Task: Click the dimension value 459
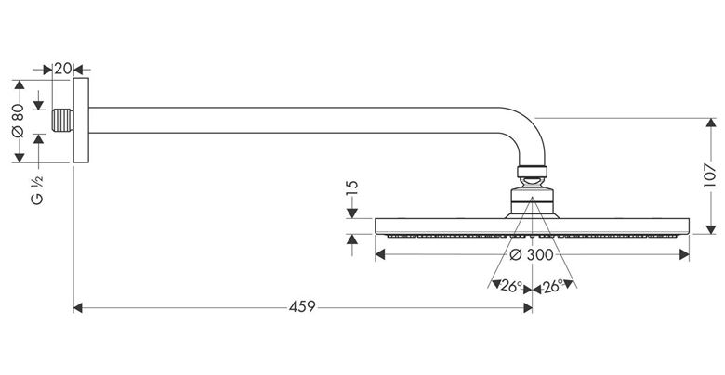(x=302, y=306)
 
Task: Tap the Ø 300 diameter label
(x=532, y=254)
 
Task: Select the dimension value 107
(x=710, y=175)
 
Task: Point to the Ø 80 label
(x=18, y=121)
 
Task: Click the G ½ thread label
(x=37, y=190)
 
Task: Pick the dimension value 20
(x=63, y=69)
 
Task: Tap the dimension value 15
(x=352, y=189)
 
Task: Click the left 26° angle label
(x=511, y=286)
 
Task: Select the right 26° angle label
(x=552, y=286)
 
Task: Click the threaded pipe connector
(x=62, y=121)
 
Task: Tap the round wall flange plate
(x=81, y=120)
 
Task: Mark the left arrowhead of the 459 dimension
(x=78, y=307)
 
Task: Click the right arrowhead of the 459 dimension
(x=528, y=307)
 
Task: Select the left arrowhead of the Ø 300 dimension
(x=380, y=254)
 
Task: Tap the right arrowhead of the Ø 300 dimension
(x=684, y=254)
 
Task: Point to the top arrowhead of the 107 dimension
(x=711, y=123)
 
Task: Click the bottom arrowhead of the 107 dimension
(x=711, y=229)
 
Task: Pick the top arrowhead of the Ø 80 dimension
(x=19, y=84)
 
